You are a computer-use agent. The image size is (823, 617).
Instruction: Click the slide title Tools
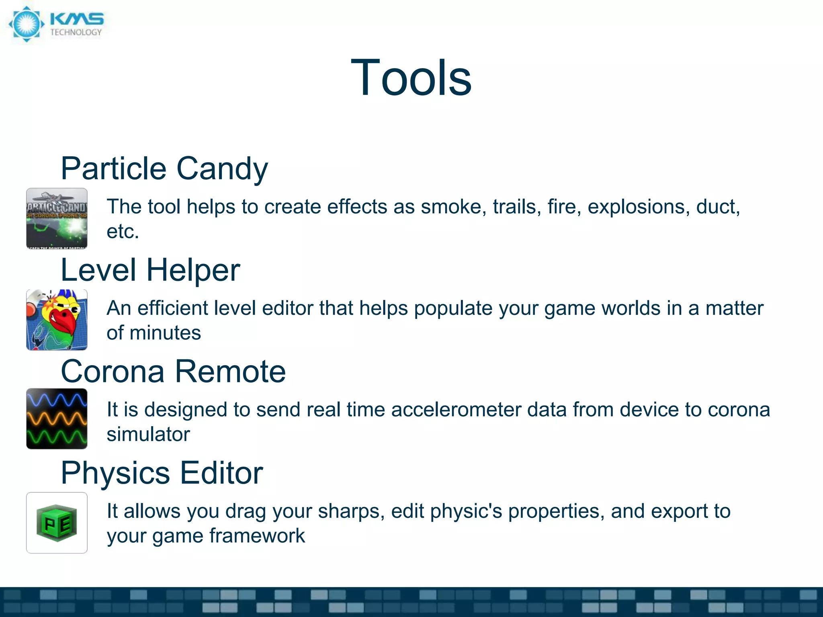[411, 77]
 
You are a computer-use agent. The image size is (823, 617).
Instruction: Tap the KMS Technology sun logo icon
[27, 24]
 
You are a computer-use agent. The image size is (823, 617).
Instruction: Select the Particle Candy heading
[164, 169]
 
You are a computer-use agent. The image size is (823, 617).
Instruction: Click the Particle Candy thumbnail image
[57, 219]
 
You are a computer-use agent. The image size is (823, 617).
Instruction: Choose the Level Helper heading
[150, 270]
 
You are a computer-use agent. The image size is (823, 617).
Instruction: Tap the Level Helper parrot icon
[57, 320]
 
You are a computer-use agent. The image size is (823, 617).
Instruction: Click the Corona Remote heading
[173, 372]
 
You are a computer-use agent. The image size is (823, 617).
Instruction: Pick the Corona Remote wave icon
[57, 419]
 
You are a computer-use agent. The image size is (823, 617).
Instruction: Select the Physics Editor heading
[162, 473]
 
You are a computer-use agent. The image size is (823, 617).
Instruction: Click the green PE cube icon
[57, 523]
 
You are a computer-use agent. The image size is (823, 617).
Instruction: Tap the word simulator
[148, 435]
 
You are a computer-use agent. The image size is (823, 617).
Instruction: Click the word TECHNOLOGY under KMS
[76, 33]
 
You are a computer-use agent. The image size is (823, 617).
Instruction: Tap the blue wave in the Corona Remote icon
[57, 400]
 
